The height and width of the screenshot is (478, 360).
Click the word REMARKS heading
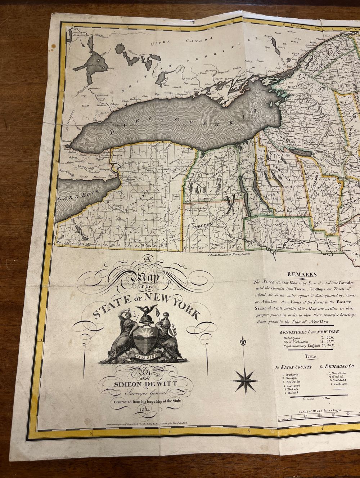coord(302,274)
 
